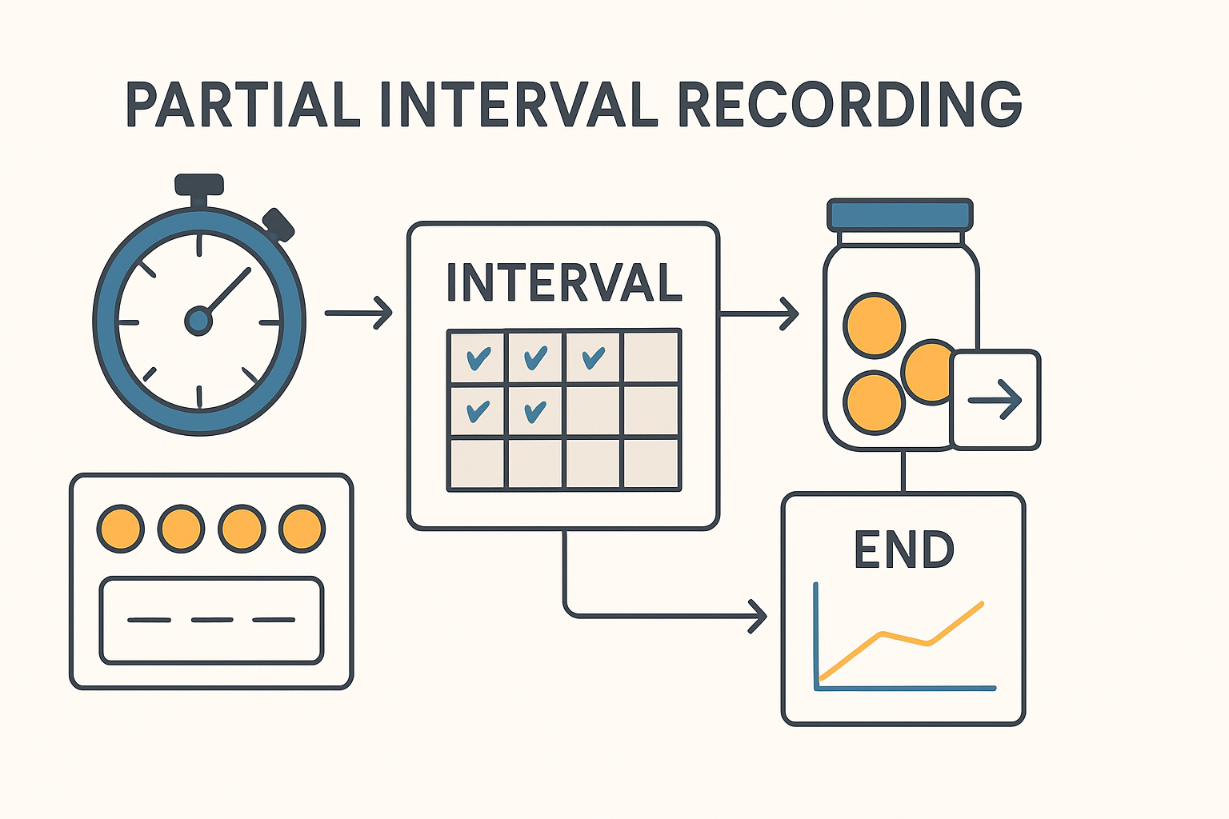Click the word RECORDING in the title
850,105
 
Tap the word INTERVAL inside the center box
564,282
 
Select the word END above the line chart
903,549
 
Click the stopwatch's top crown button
199,184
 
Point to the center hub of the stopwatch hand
198,321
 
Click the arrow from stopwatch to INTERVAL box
359,313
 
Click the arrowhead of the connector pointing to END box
757,616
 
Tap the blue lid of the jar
900,215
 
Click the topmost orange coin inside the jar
874,326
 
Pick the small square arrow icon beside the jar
995,399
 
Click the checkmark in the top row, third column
593,358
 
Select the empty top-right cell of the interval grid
651,358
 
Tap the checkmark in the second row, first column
478,411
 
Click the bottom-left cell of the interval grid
478,463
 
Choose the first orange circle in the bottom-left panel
120,529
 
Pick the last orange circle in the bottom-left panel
302,529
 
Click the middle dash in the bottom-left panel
212,620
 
